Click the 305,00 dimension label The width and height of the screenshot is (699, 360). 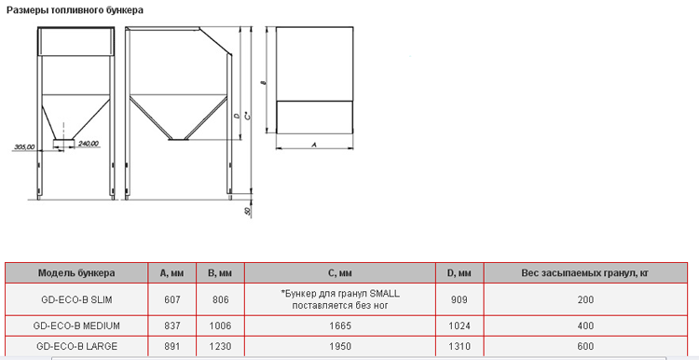tap(25, 146)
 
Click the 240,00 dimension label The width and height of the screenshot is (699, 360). tap(89, 144)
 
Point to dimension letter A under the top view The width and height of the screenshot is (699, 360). tap(314, 145)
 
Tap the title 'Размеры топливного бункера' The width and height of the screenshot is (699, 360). tap(75, 10)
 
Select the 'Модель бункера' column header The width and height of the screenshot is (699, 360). tap(76, 273)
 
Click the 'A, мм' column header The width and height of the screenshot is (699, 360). tap(172, 273)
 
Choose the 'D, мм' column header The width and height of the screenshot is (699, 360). tap(459, 273)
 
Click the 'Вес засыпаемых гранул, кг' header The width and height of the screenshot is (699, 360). tap(585, 273)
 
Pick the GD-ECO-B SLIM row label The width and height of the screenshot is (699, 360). tap(76, 299)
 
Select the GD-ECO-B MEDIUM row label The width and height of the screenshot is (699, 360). tap(76, 326)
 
